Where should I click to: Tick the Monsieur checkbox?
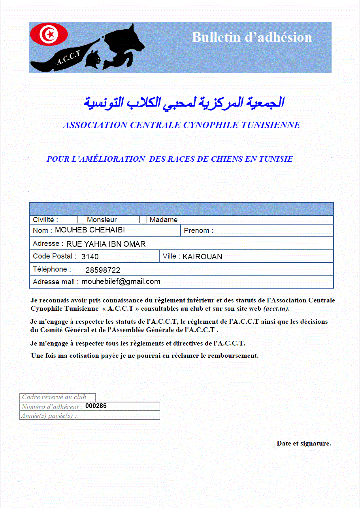tap(81, 220)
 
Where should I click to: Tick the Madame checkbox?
tap(143, 220)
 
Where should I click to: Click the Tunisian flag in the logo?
tap(49, 34)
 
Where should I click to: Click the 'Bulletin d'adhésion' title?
tap(252, 37)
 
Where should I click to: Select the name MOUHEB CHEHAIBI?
tap(90, 230)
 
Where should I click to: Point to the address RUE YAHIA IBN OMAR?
tap(106, 244)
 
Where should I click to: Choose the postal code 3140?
tap(90, 257)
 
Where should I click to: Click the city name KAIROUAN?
tap(202, 257)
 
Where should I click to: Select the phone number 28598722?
tap(103, 270)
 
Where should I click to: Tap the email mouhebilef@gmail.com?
tap(121, 281)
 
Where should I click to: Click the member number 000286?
tap(96, 406)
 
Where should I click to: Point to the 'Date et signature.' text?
tap(303, 443)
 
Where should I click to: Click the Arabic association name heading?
tap(184, 102)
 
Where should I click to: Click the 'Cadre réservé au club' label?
tap(54, 397)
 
